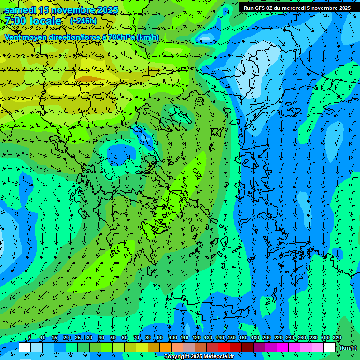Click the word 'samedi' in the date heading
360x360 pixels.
coord(20,10)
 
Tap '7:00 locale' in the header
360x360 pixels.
coord(33,21)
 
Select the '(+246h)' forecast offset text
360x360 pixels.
coord(83,21)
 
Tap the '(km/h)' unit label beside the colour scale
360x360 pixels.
coord(347,348)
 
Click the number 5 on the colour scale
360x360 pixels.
coord(30,338)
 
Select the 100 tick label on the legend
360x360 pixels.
coord(172,338)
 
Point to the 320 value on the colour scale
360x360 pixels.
coord(337,338)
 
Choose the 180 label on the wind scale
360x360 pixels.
coord(255,338)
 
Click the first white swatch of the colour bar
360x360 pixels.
coord(25,347)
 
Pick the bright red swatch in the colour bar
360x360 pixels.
coord(224,347)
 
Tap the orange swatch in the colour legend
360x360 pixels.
coord(165,347)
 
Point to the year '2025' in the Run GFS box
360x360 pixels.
coord(342,7)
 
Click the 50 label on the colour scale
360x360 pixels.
coord(113,338)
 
